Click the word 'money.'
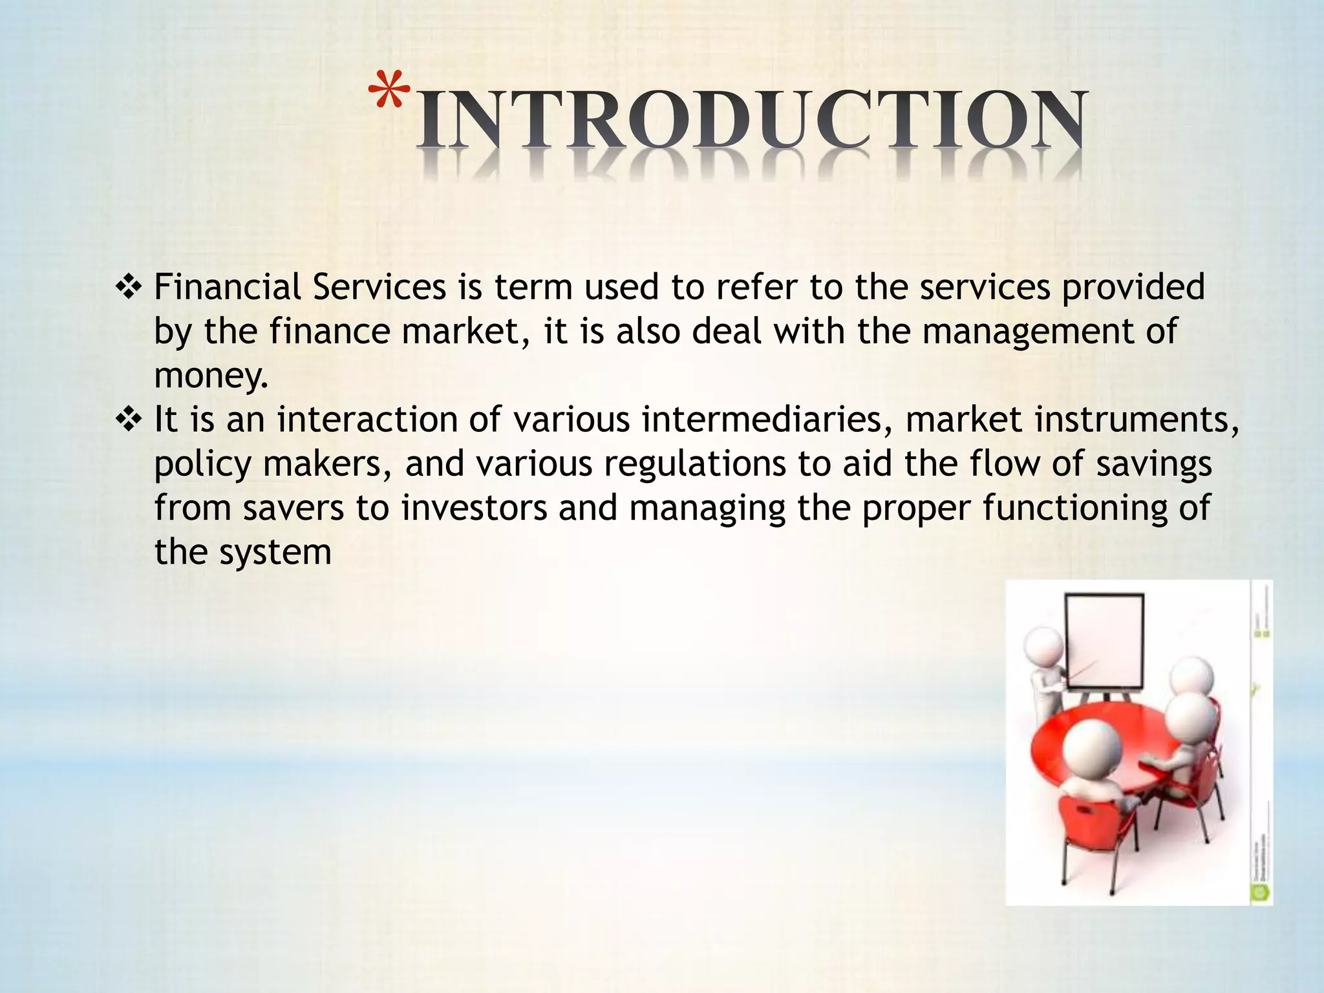point(211,376)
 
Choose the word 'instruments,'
point(1137,421)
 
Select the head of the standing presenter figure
point(1043,646)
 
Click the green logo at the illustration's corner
point(1260,893)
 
